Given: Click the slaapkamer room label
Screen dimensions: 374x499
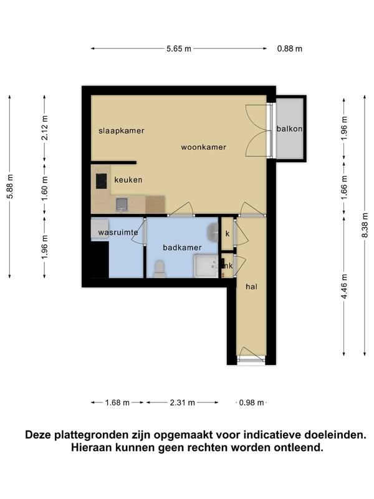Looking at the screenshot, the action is (121, 131).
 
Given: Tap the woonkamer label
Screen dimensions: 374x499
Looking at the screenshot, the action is (204, 147).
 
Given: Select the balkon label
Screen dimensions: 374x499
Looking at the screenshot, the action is (289, 128).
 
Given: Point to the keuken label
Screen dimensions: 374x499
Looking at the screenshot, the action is (128, 180).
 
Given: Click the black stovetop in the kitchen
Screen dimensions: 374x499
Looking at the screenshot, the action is (102, 181).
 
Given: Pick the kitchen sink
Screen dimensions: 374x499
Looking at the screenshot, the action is (122, 205).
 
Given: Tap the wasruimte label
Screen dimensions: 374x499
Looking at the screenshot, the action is (118, 232).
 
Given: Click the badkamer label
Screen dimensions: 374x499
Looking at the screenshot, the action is (182, 247).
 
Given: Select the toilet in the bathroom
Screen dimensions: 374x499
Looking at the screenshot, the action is (160, 269).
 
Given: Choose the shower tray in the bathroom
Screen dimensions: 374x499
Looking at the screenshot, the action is (206, 266).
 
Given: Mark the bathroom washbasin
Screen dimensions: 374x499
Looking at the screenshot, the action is (213, 232).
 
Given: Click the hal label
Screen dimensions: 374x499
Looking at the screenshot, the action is (251, 287).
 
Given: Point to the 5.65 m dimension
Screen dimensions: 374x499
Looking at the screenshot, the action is (179, 49).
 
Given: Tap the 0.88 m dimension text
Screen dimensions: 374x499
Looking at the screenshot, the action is (289, 49).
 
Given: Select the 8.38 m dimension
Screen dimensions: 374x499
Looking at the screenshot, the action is (365, 225).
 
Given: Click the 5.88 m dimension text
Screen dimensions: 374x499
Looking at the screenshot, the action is (10, 187).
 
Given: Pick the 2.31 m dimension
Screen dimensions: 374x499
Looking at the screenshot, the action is (182, 402).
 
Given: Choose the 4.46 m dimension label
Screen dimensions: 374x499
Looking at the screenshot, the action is (344, 286).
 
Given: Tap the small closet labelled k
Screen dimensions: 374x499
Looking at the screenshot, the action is (228, 233).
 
